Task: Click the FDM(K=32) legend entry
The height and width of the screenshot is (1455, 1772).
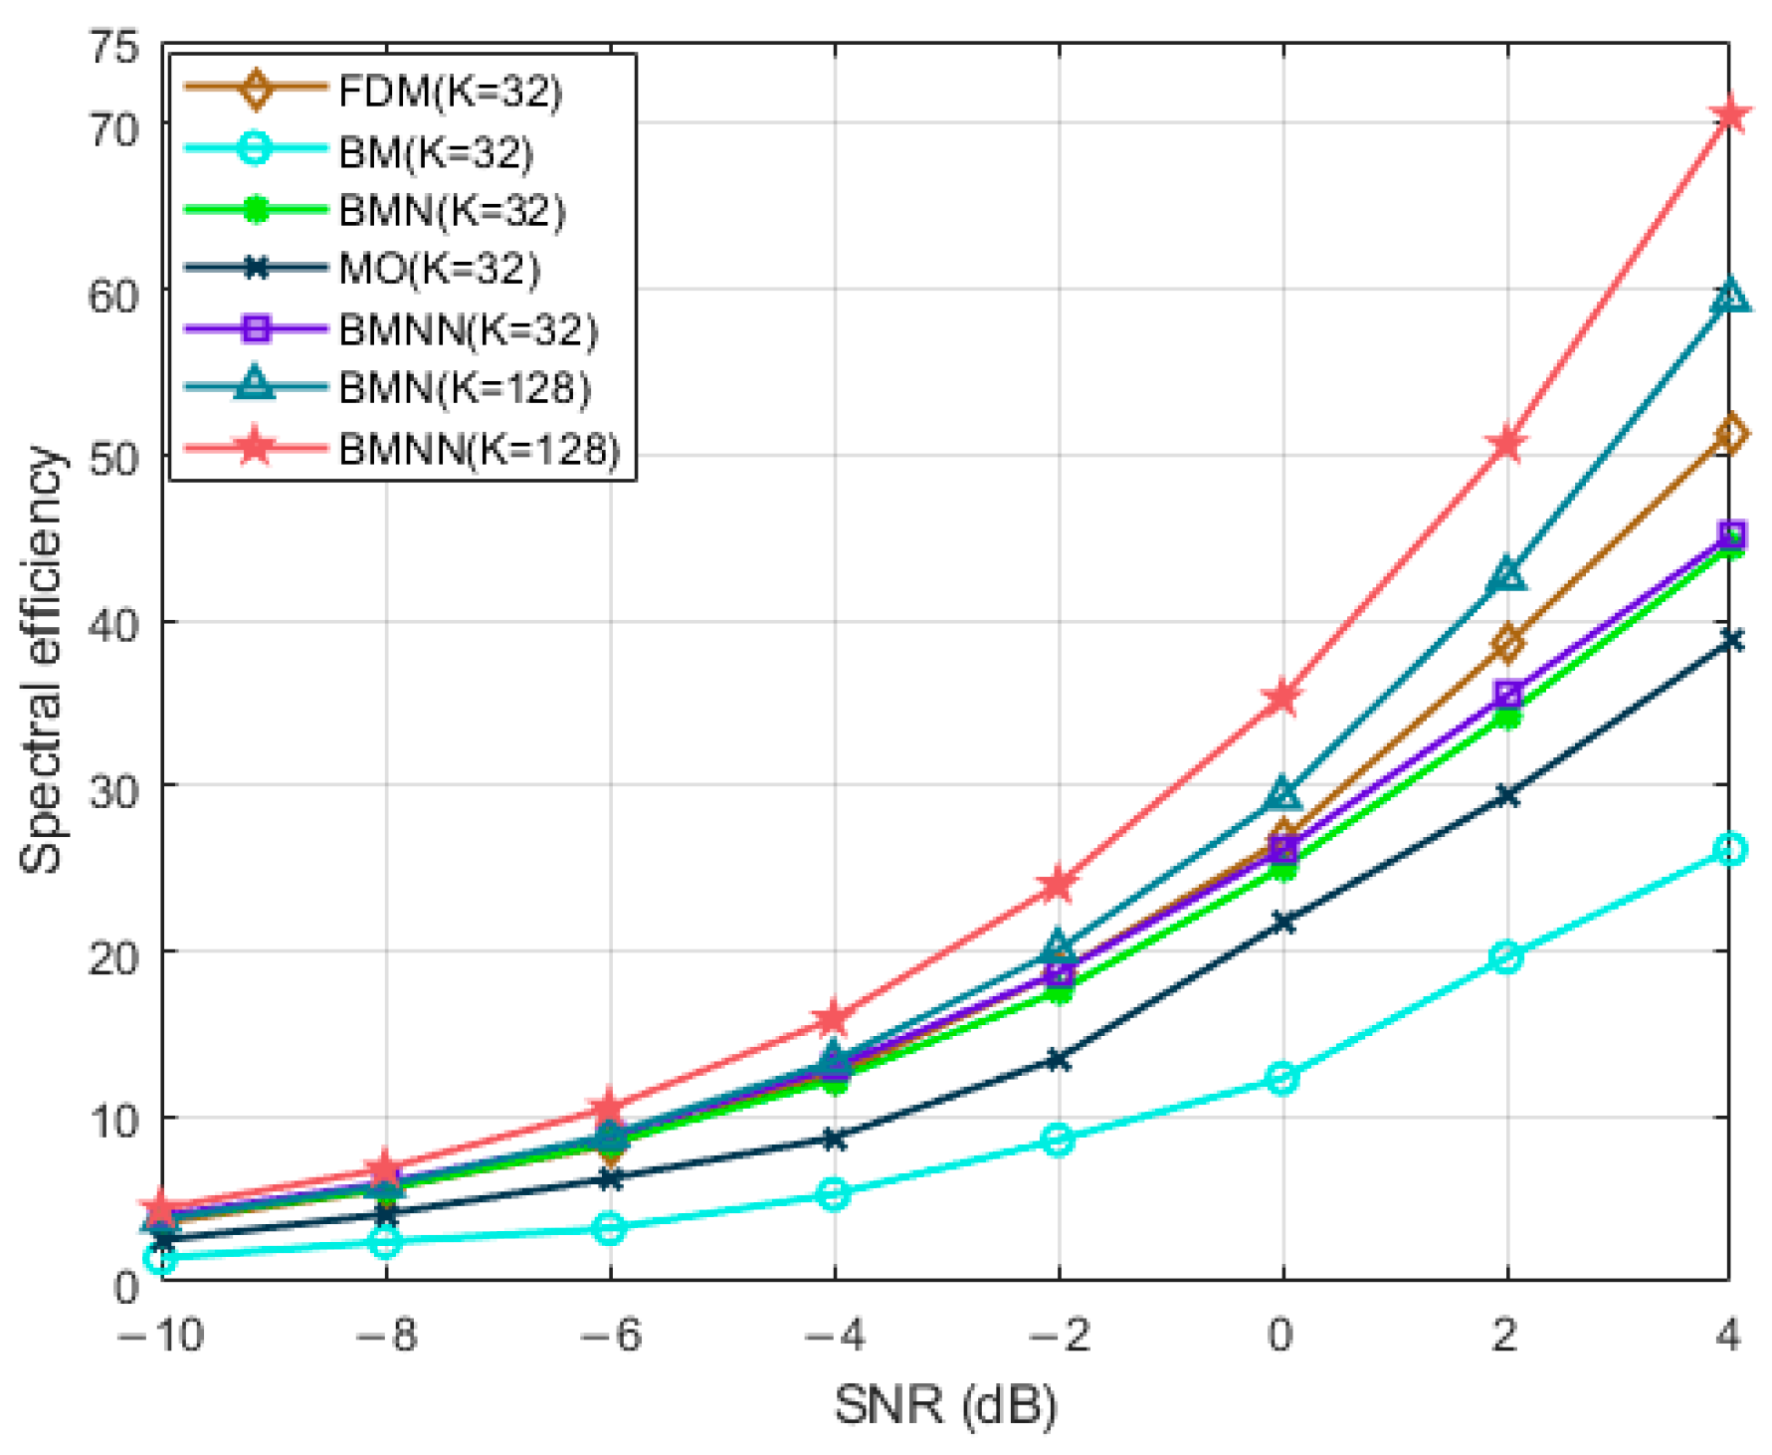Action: click(x=450, y=92)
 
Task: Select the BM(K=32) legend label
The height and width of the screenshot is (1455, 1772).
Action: click(x=436, y=152)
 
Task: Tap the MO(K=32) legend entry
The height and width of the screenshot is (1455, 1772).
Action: click(x=439, y=269)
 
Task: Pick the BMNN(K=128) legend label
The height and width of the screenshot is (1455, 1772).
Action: click(x=479, y=449)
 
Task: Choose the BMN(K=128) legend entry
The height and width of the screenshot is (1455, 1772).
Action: click(x=465, y=388)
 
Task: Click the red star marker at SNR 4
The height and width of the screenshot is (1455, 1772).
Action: click(x=1730, y=115)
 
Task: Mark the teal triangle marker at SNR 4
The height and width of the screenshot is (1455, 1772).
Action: click(x=1730, y=297)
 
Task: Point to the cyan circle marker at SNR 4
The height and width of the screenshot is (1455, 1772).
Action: click(x=1730, y=849)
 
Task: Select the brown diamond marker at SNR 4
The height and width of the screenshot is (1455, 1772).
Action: click(x=1730, y=434)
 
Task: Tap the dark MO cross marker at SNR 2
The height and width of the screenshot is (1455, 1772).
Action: click(x=1506, y=795)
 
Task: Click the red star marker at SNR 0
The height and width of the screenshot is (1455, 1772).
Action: click(x=1282, y=698)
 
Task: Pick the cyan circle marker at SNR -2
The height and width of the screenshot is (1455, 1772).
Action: click(x=1058, y=1140)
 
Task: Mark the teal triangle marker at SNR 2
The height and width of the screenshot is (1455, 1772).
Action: click(x=1507, y=575)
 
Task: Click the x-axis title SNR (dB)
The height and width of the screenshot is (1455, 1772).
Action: click(x=945, y=1405)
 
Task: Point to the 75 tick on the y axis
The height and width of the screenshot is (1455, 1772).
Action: click(x=114, y=46)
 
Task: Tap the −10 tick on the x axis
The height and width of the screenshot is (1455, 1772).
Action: click(x=161, y=1334)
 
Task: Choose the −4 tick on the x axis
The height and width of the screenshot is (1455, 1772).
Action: click(x=834, y=1334)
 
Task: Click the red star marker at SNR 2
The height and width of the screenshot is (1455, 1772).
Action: click(x=1506, y=444)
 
